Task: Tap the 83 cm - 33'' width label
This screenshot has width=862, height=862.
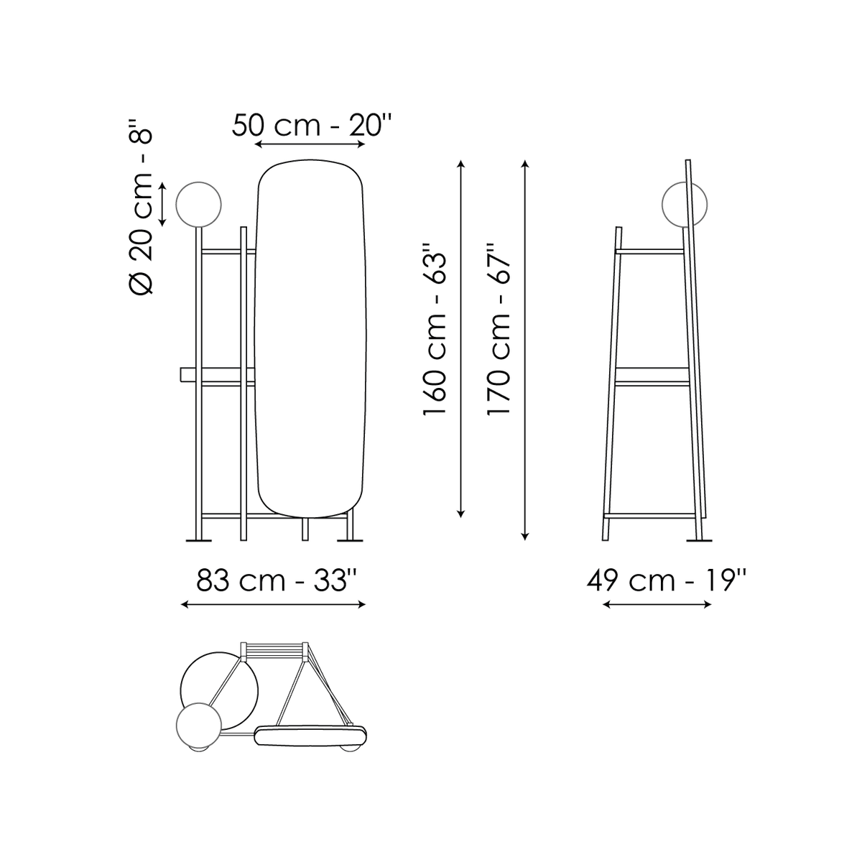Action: coord(272,580)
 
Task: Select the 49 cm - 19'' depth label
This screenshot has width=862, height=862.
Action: coord(667,580)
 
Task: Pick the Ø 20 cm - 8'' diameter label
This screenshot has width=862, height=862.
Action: coord(141,206)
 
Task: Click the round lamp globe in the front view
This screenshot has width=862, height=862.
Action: coord(198,205)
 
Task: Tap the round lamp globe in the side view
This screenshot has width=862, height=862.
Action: coord(685,205)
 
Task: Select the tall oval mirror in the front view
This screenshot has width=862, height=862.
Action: coord(310,338)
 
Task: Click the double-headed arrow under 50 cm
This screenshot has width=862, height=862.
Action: coord(310,144)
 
